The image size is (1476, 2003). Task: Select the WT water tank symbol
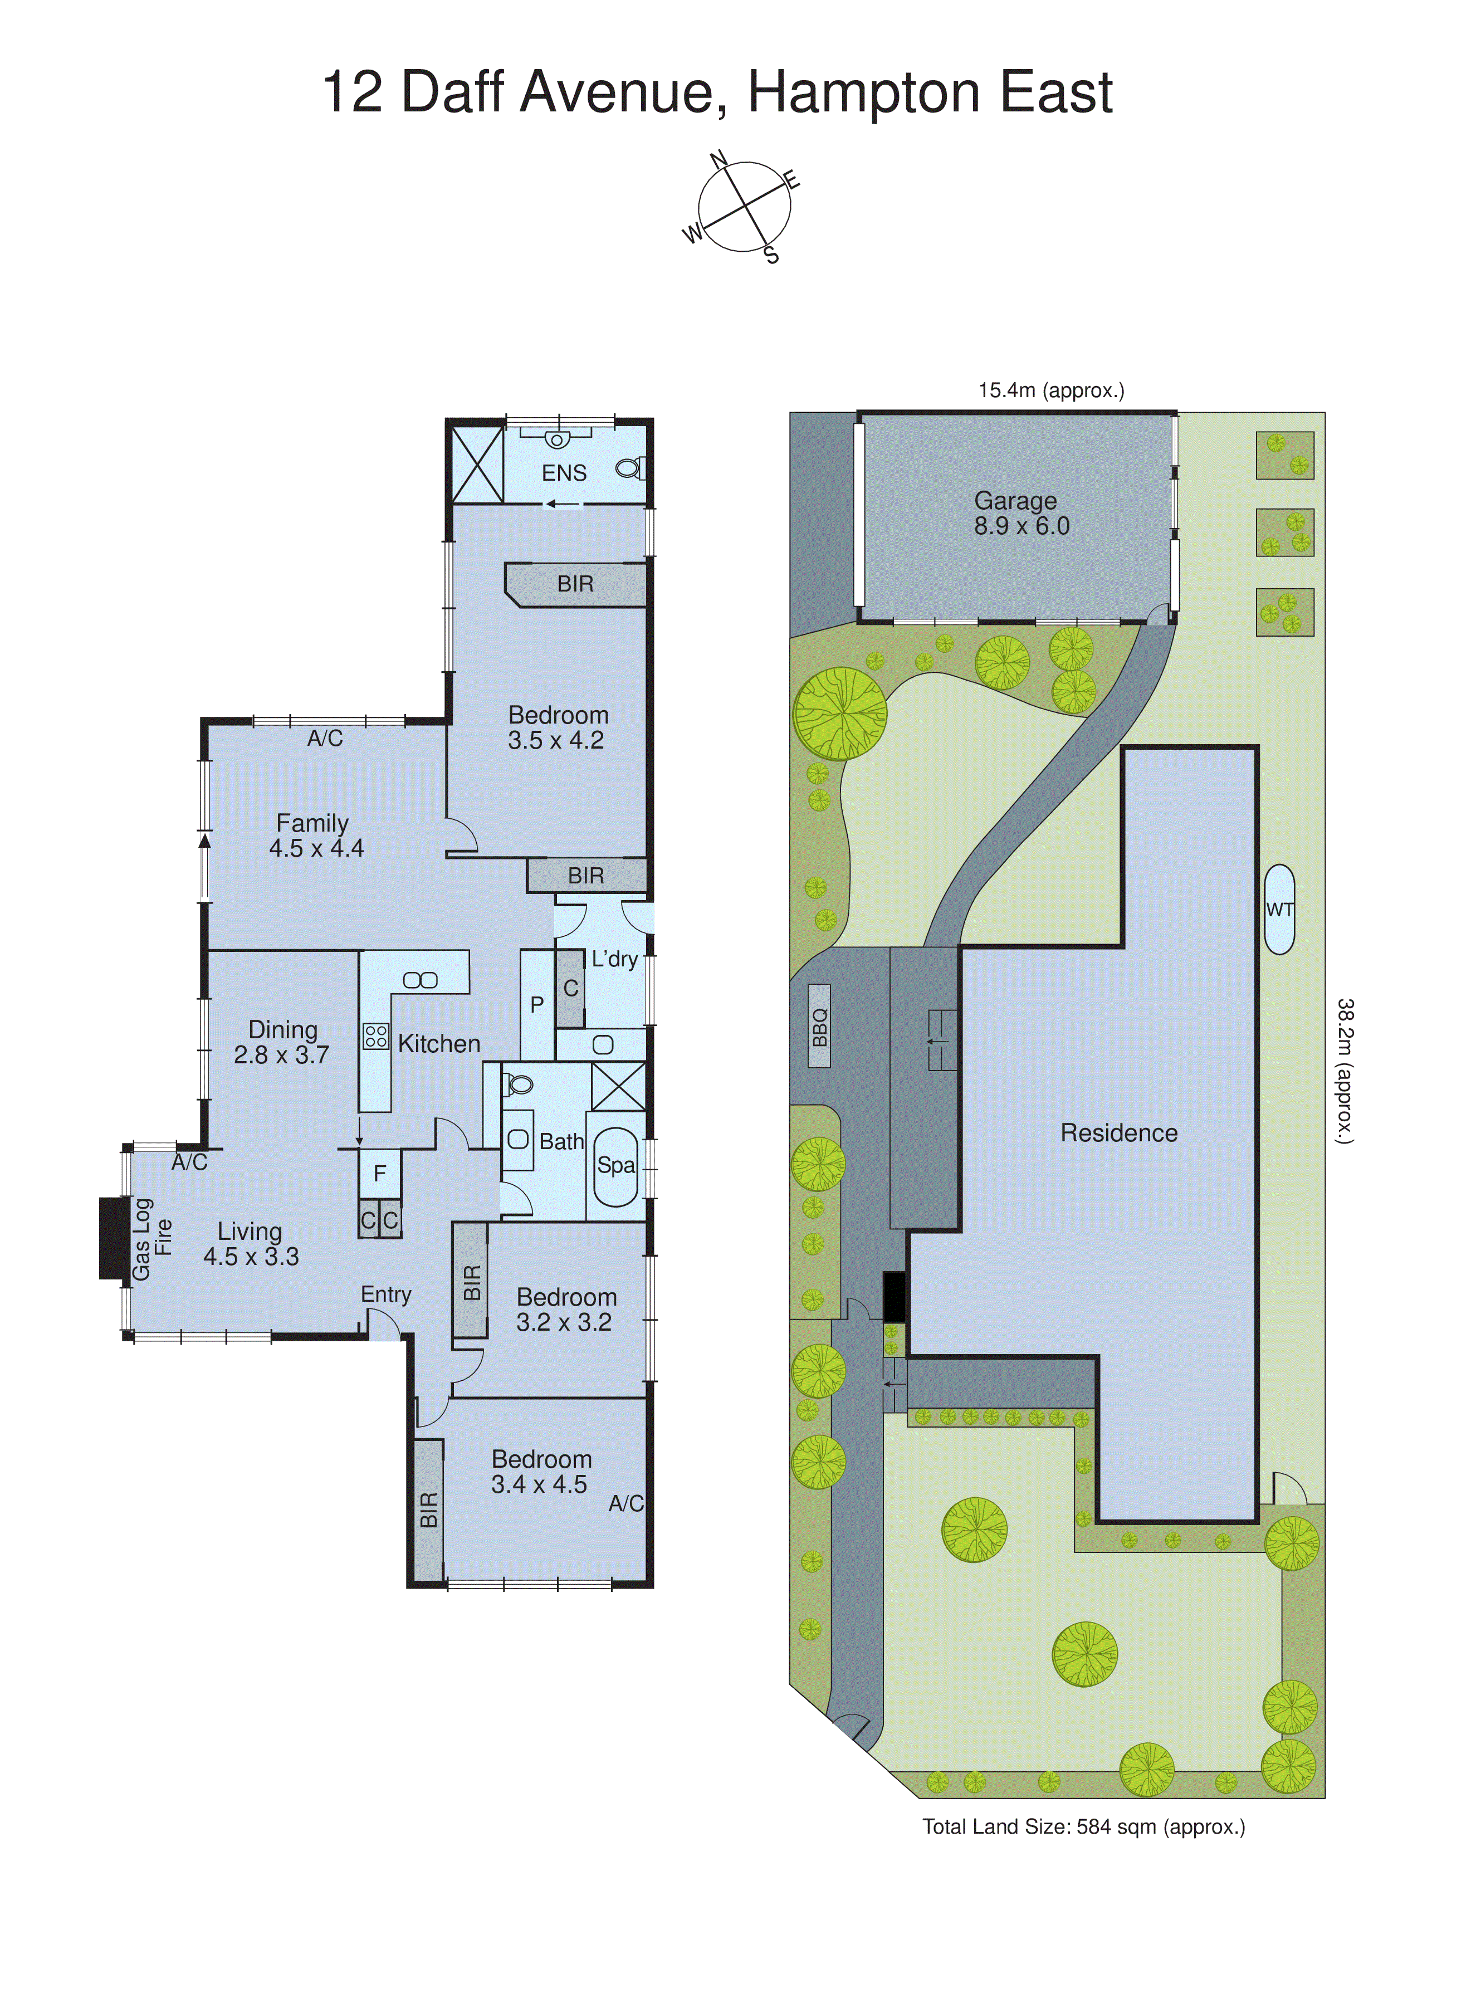1279,910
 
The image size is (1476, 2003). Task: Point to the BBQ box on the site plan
819,1027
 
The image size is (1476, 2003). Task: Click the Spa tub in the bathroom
615,1166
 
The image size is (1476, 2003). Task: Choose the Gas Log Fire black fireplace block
114,1238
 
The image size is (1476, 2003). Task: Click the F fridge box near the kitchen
380,1173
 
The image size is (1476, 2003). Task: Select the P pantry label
537,1005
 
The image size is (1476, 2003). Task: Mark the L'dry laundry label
615,960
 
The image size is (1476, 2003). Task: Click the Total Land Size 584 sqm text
1083,1827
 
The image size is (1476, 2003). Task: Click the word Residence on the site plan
1118,1133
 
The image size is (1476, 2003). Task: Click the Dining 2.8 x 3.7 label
282,1042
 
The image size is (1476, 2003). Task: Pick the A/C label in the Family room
325,738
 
